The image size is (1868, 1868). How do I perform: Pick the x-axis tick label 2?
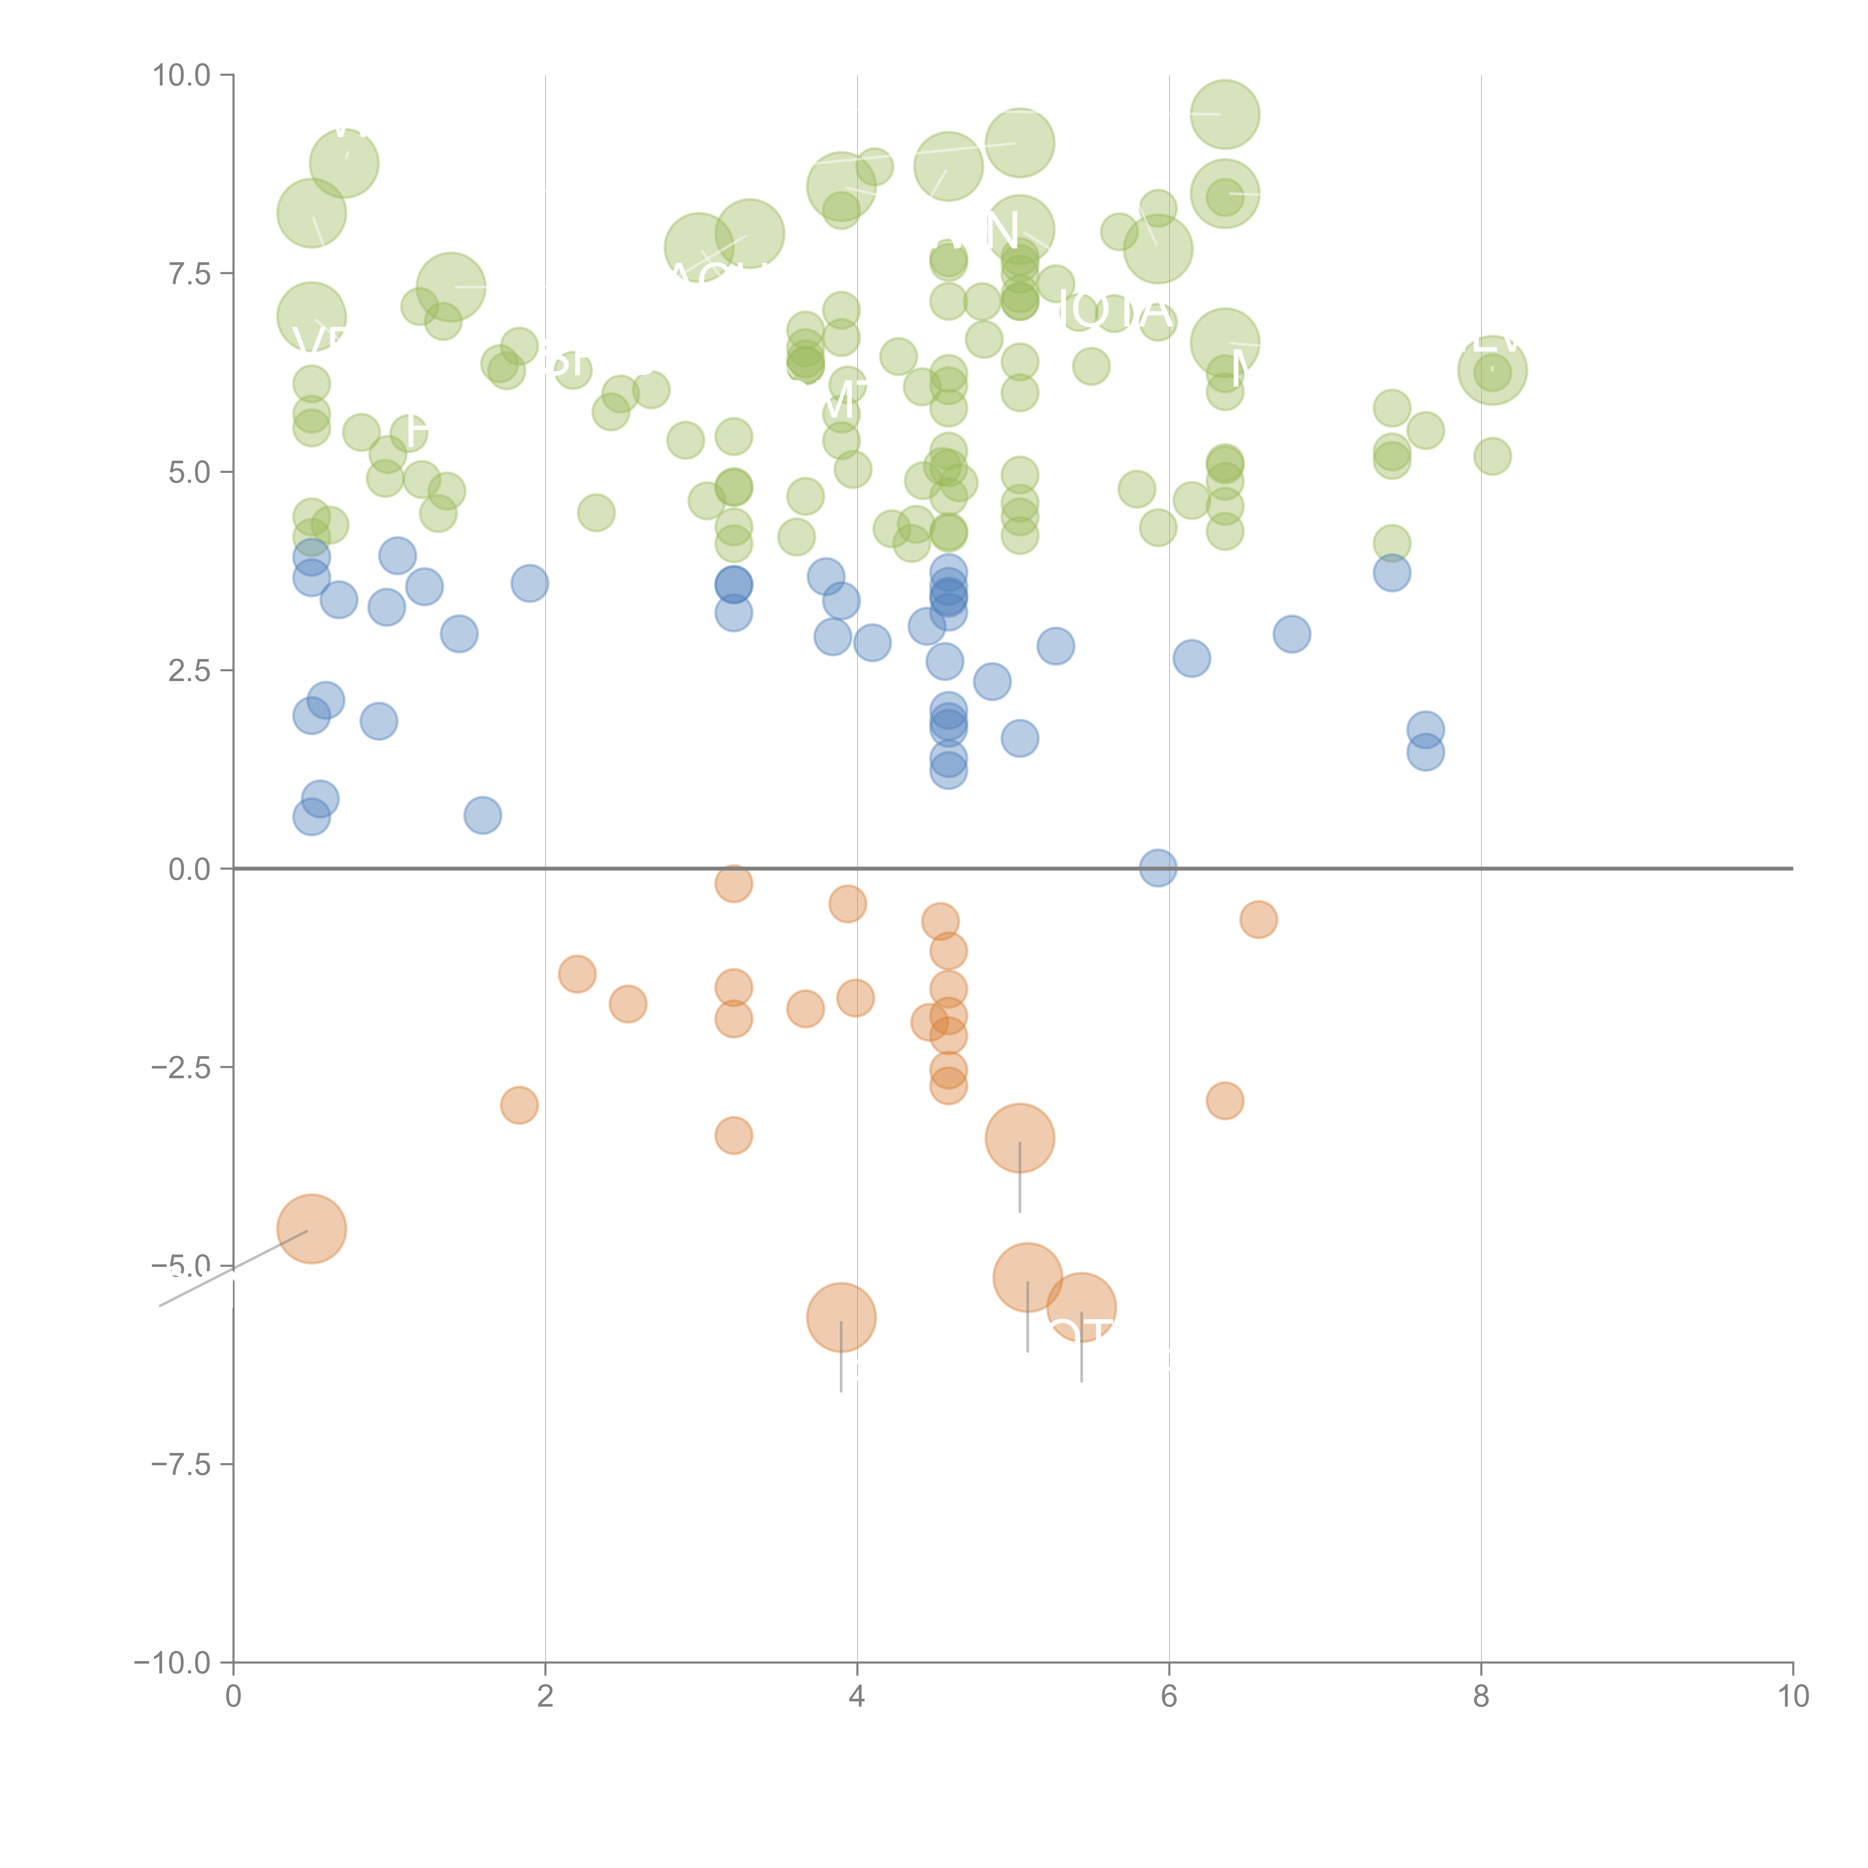[545, 1697]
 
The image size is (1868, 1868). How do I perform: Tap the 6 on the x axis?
[1169, 1697]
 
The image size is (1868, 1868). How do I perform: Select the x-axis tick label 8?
[1481, 1697]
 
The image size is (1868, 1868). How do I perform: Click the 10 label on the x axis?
[1793, 1697]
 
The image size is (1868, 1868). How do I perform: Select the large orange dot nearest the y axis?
[311, 1229]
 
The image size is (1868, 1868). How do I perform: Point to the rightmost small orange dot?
[1258, 919]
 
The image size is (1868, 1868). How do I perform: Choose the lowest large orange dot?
[841, 1317]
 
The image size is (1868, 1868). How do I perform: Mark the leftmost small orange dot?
[519, 1105]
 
